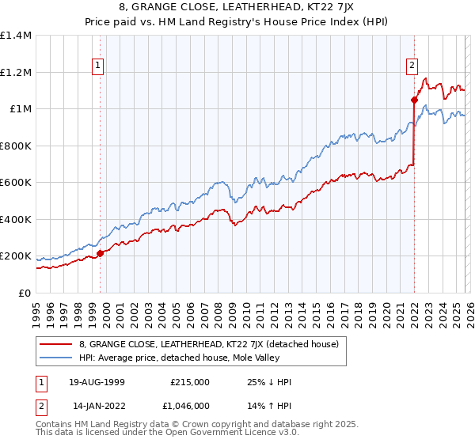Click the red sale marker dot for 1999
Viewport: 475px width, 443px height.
pyautogui.click(x=101, y=254)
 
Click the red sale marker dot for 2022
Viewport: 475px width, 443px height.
pyautogui.click(x=414, y=100)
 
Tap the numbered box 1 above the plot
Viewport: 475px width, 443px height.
pyautogui.click(x=97, y=66)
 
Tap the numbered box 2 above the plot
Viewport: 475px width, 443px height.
pyautogui.click(x=412, y=66)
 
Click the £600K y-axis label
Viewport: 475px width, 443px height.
pyautogui.click(x=15, y=183)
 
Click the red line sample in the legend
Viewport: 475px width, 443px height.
pyautogui.click(x=56, y=344)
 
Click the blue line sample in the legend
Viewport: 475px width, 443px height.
pyautogui.click(x=56, y=358)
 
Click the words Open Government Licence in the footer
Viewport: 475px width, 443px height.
pyautogui.click(x=217, y=434)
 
